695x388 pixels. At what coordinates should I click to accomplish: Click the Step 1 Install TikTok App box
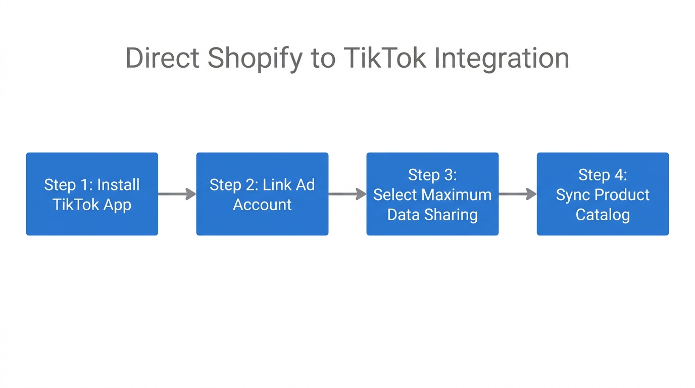pos(92,194)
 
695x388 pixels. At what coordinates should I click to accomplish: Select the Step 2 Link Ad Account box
pos(262,194)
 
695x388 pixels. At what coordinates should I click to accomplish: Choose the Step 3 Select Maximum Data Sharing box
pos(432,194)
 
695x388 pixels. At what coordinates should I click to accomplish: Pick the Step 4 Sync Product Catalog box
pos(603,194)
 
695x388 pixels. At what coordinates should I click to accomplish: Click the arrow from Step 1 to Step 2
pos(177,194)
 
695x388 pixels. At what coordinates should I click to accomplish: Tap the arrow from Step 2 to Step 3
pos(347,194)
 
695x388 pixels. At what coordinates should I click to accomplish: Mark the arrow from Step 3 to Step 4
pos(517,194)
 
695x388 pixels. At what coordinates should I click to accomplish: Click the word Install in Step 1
pos(118,185)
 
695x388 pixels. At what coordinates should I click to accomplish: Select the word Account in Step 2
pos(262,205)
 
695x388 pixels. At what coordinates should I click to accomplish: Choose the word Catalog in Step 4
pos(603,215)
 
